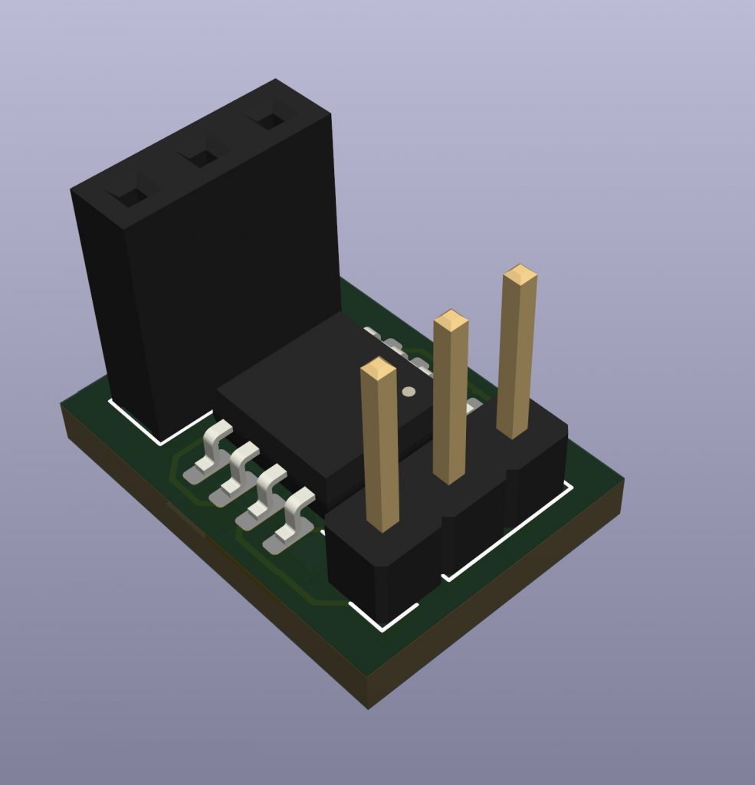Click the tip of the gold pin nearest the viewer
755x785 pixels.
pyautogui.click(x=378, y=369)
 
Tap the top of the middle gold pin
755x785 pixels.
pyautogui.click(x=451, y=320)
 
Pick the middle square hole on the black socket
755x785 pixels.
pyautogui.click(x=203, y=159)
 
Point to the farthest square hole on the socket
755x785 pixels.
pyautogui.click(x=270, y=121)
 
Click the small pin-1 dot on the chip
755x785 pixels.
pyautogui.click(x=409, y=392)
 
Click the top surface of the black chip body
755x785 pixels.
pyautogui.click(x=322, y=399)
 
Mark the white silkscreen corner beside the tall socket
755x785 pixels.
pyautogui.click(x=160, y=442)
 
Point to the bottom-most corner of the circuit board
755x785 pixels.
pyautogui.click(x=368, y=706)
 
